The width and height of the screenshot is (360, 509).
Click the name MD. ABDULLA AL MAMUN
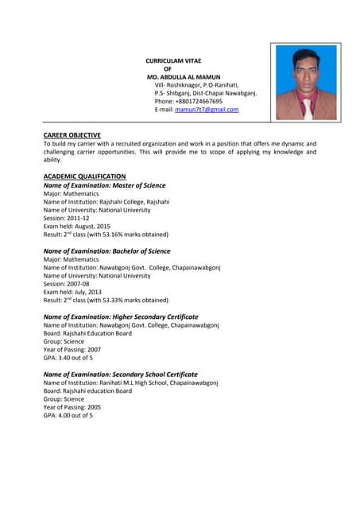(x=179, y=76)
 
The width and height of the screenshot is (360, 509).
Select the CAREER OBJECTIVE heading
(x=72, y=135)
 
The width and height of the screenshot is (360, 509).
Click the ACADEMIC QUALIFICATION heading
(x=84, y=176)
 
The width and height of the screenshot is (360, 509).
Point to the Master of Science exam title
(x=104, y=185)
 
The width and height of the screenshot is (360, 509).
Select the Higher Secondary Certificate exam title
(x=121, y=317)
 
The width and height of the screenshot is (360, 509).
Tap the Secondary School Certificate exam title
(x=120, y=374)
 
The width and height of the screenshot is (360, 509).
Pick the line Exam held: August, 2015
(x=76, y=227)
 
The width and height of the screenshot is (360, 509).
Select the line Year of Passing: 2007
(x=72, y=350)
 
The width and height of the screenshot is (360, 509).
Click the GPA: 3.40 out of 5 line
(x=68, y=358)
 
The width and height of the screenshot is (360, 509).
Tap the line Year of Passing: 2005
(x=72, y=407)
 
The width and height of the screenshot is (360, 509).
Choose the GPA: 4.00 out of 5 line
(x=68, y=415)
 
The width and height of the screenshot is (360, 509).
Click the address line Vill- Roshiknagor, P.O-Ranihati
(x=196, y=84)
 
